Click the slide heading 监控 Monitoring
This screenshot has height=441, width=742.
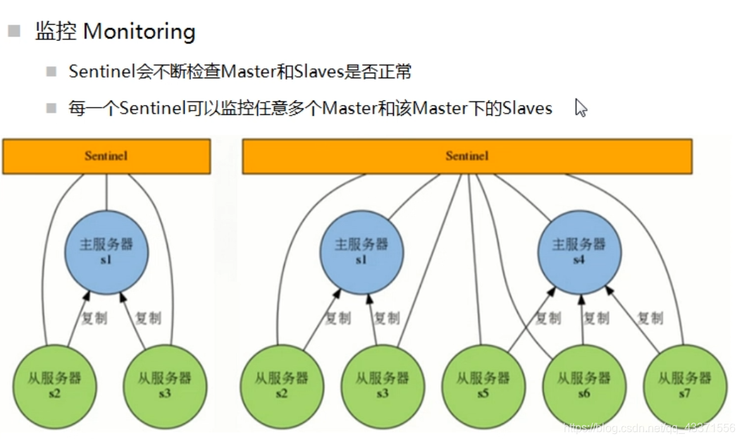pyautogui.click(x=115, y=32)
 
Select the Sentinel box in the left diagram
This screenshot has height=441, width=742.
pyautogui.click(x=106, y=156)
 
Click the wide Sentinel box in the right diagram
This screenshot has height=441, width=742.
pyautogui.click(x=466, y=156)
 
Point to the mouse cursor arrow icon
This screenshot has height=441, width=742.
pyautogui.click(x=581, y=108)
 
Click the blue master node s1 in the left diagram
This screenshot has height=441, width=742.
pyautogui.click(x=106, y=251)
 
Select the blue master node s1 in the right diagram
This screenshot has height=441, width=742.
pyautogui.click(x=361, y=251)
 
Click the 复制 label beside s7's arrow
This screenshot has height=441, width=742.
pyautogui.click(x=650, y=318)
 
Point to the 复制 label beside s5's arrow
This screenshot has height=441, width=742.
pyautogui.click(x=548, y=318)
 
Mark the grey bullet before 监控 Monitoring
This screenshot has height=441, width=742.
pyautogui.click(x=14, y=31)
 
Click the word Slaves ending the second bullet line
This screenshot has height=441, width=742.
pyautogui.click(x=527, y=108)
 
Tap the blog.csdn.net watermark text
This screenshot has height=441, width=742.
pyautogui.click(x=648, y=428)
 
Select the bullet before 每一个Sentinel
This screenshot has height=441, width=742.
pyautogui.click(x=51, y=108)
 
